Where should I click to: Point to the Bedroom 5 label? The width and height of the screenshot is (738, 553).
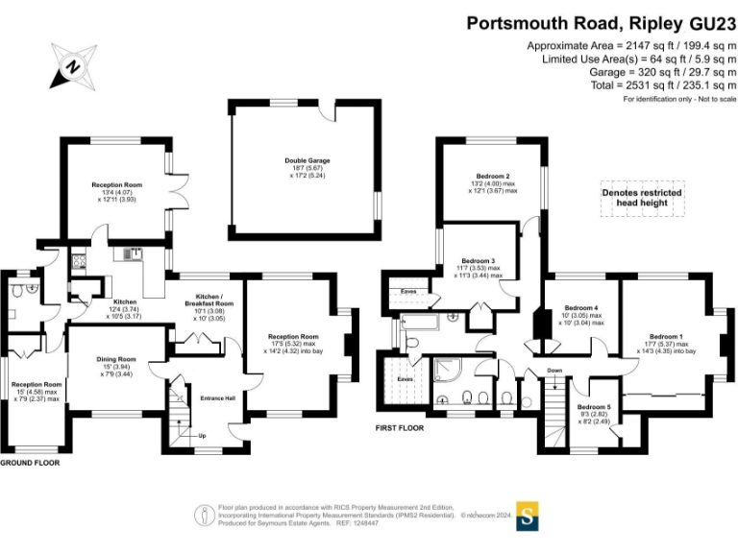coord(594,408)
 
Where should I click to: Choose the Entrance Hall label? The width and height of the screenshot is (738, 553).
coord(217,398)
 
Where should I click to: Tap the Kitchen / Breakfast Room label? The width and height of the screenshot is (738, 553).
coord(216,297)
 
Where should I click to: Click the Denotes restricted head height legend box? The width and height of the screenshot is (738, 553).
coord(642,199)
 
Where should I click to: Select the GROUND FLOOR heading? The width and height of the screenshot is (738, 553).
coord(30,463)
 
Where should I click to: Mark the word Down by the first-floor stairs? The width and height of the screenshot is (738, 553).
coord(554,370)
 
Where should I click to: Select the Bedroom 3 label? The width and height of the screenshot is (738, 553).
coord(478,260)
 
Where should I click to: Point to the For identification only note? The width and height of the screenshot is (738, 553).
coord(678,100)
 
